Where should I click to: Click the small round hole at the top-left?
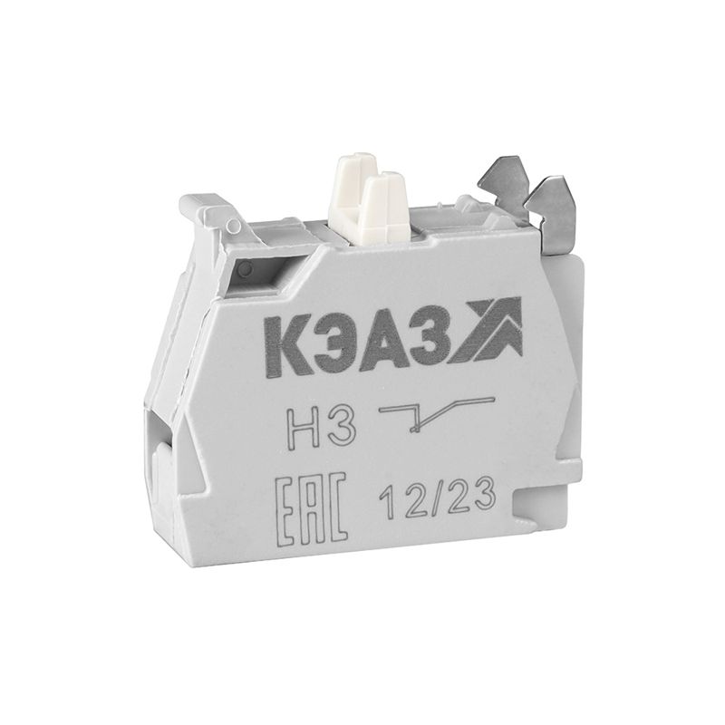245,269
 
